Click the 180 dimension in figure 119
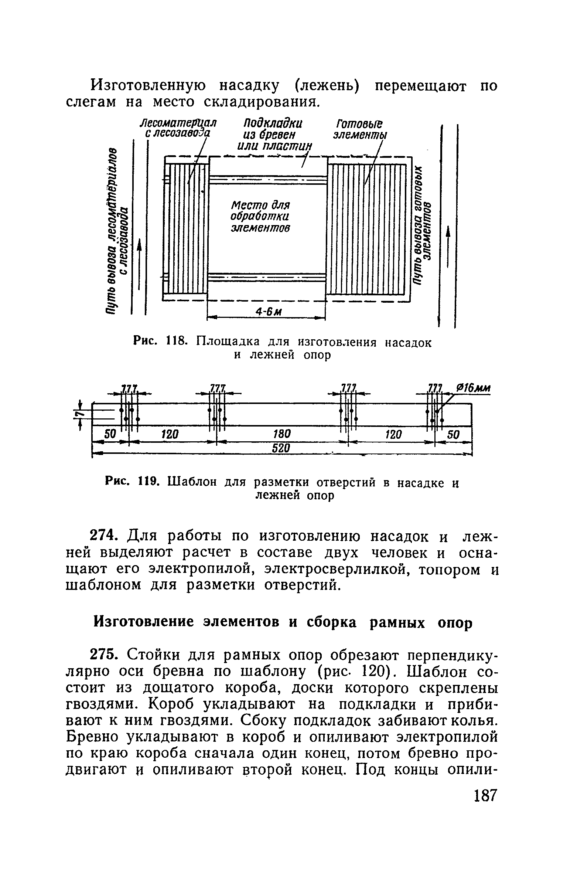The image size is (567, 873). (x=283, y=434)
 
